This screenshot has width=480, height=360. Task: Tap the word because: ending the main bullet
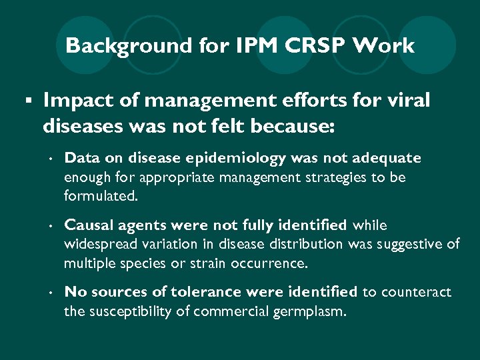pyautogui.click(x=293, y=125)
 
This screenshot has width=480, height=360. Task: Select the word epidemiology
pyautogui.click(x=237, y=159)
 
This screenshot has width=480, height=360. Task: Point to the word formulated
pyautogui.click(x=100, y=197)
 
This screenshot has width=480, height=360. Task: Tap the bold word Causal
pyautogui.click(x=88, y=225)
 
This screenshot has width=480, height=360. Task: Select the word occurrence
pyautogui.click(x=269, y=264)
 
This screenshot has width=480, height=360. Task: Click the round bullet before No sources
pyautogui.click(x=50, y=293)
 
